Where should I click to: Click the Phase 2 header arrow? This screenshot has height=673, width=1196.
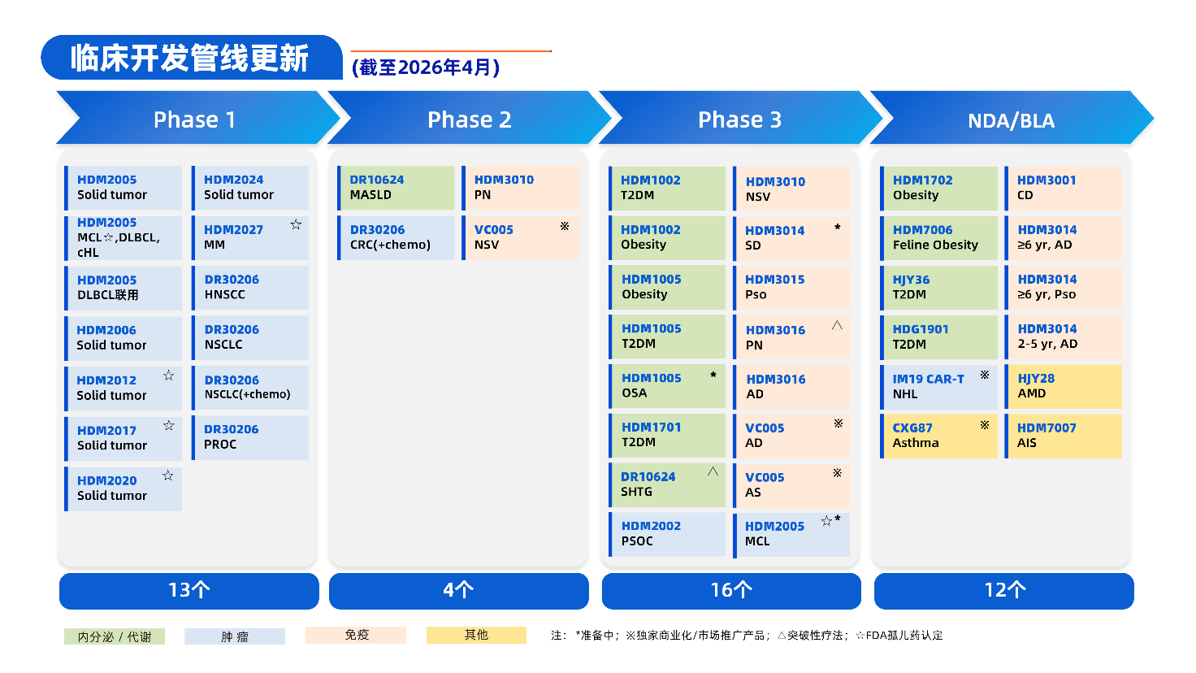point(469,119)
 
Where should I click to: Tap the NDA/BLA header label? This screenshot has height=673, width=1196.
point(1011,121)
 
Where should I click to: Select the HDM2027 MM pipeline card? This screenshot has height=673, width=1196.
point(250,237)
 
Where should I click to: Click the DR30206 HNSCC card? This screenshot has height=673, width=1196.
point(250,287)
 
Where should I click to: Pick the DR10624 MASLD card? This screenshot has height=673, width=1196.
point(396,188)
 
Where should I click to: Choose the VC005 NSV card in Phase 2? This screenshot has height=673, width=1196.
point(521,237)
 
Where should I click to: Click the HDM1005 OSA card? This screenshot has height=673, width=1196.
point(667,386)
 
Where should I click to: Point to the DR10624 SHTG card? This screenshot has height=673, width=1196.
point(667,484)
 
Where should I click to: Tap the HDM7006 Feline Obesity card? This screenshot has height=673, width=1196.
point(938,237)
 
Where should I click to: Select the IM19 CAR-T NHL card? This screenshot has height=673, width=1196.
point(938,386)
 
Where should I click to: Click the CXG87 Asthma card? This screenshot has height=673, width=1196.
point(938,436)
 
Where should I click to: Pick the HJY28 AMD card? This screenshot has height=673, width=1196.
point(1064,386)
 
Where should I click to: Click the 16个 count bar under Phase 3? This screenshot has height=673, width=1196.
point(731,591)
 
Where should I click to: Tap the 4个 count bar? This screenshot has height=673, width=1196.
point(458,591)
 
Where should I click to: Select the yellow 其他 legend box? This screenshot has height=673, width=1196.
point(476,635)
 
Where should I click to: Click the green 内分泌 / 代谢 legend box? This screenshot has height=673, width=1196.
point(115,636)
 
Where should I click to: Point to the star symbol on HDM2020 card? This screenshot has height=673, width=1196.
point(168,475)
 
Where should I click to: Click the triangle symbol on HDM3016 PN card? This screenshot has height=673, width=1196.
point(837,325)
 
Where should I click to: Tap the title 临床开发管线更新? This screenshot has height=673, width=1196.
point(190,59)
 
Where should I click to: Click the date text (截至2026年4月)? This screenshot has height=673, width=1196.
point(425,67)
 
